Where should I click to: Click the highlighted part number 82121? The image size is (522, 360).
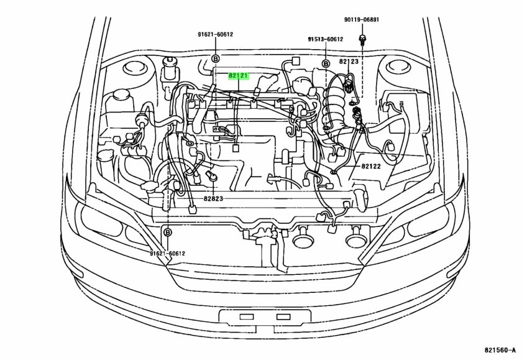tap(239, 76)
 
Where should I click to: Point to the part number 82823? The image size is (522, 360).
tap(213, 199)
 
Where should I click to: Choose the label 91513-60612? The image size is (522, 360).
tap(325, 39)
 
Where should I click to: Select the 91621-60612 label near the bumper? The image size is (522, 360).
tap(167, 254)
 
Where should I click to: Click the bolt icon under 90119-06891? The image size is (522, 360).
tap(361, 41)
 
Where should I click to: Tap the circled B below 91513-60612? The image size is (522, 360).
tap(325, 63)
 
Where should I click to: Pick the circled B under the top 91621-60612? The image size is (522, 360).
tap(216, 58)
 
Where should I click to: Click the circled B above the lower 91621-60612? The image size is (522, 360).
tap(167, 232)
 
